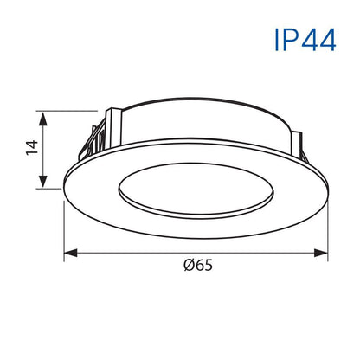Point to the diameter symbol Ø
pyautogui.click(x=188, y=266)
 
